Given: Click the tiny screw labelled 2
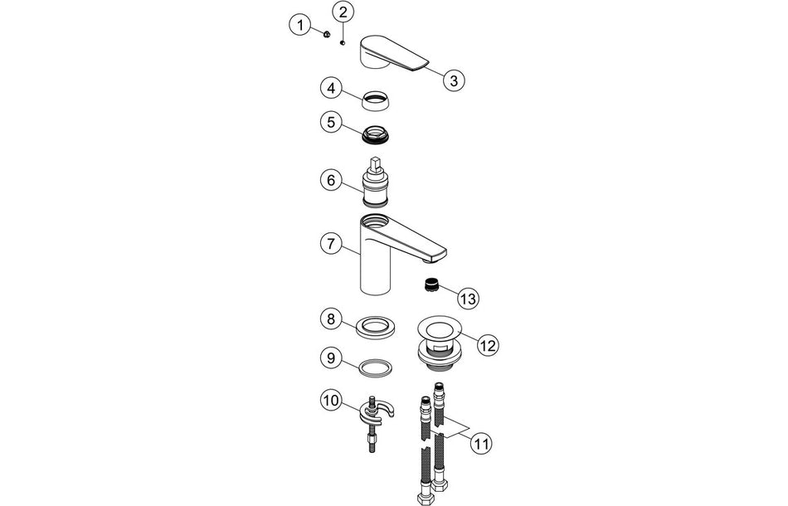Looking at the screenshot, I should click(x=342, y=43).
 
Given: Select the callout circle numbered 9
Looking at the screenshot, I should click(x=331, y=358).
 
